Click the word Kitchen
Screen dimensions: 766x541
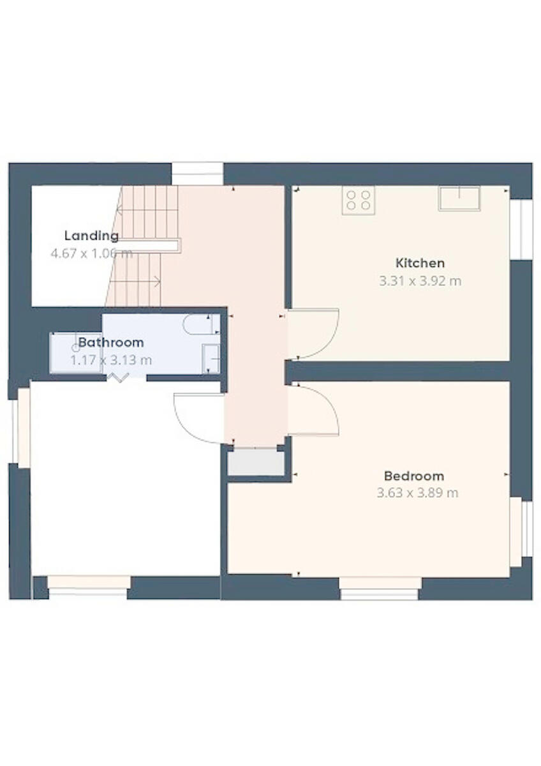420,262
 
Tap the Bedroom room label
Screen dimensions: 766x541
413,476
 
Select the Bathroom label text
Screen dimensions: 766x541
111,342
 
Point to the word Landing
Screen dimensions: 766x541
91,236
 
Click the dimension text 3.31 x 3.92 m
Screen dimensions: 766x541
420,281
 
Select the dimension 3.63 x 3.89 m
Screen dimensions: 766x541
417,493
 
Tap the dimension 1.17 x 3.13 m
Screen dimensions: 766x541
111,360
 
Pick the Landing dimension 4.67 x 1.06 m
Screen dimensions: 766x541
91,253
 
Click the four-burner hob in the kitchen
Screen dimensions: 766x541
358,200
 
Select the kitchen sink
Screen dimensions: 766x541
459,198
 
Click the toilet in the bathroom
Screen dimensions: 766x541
200,325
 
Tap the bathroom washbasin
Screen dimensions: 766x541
211,358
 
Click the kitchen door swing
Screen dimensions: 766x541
313,334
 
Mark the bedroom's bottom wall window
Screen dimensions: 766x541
380,588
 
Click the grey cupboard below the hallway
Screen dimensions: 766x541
256,462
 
